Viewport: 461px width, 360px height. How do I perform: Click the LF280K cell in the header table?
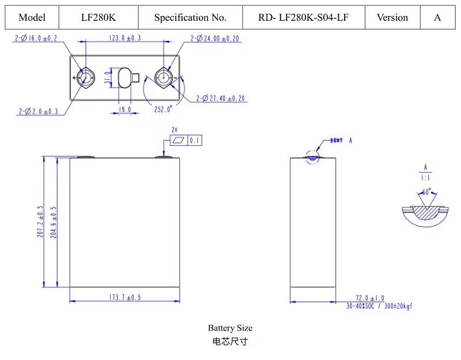coord(99,17)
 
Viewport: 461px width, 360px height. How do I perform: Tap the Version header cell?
coord(392,17)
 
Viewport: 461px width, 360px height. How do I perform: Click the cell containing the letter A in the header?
coord(437,17)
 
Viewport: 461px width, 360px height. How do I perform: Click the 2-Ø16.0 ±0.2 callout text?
coord(36,39)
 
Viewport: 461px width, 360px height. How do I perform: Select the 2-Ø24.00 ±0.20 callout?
coord(216,39)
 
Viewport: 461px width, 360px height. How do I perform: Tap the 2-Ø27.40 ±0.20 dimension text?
coord(221,98)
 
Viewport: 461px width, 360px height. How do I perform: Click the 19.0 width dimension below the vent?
coord(125,109)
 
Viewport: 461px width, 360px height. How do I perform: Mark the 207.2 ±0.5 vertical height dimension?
coord(41,222)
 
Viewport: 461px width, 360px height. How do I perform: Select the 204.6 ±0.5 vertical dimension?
coord(55,222)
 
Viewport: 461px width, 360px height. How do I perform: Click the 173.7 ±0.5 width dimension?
coord(125,297)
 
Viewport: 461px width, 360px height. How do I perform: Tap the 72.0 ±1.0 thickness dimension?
coord(369,298)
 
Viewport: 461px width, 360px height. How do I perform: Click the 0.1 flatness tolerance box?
coord(194,140)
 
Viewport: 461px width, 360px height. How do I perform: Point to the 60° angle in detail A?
coord(426,191)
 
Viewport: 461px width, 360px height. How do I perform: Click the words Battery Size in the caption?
coord(230,328)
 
